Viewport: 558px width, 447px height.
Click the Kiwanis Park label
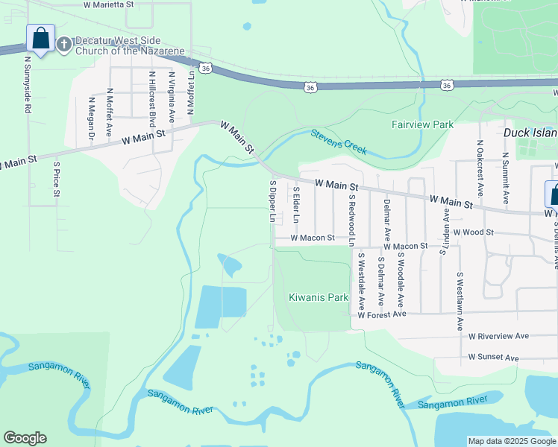(x=319, y=297)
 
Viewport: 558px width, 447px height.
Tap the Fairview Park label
(x=422, y=124)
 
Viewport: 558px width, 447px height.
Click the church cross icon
(x=64, y=44)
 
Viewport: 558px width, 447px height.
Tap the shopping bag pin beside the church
(x=40, y=39)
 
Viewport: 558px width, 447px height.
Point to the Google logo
(x=25, y=438)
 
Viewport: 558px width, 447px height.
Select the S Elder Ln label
(x=296, y=205)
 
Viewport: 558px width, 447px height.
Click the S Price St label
(x=56, y=178)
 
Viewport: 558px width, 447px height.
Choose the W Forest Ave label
(x=381, y=315)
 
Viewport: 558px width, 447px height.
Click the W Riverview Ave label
(x=498, y=336)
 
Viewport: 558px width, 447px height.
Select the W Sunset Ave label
(x=493, y=358)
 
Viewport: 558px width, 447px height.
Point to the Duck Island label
(x=530, y=133)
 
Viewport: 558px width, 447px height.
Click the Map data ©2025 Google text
(x=511, y=441)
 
